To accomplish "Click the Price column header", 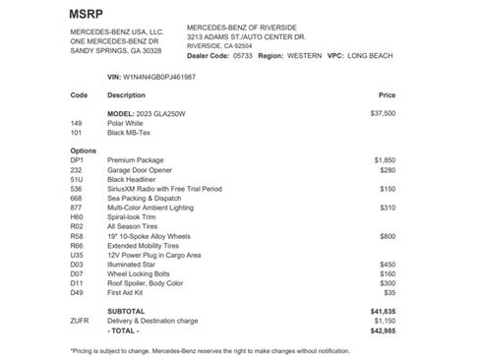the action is coord(387,95).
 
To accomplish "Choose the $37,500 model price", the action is coord(383,113).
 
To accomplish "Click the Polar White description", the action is coord(127,123).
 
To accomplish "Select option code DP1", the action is coord(78,158).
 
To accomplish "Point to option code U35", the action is coord(78,255).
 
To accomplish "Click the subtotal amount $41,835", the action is coord(383,311).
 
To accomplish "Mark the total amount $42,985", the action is coord(383,330).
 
